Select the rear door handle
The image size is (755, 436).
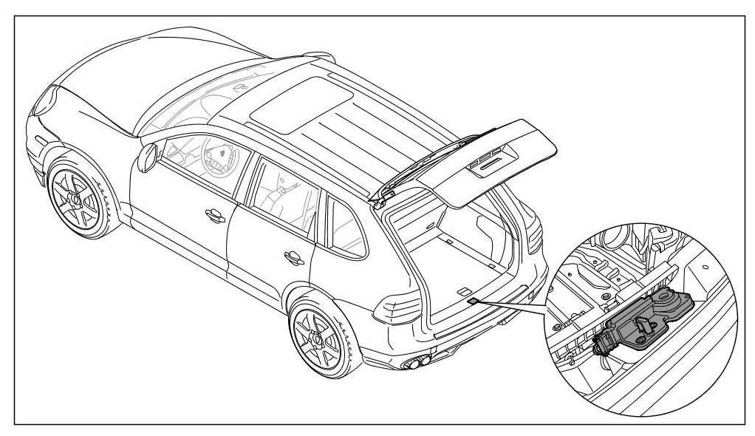293,256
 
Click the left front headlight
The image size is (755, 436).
46,96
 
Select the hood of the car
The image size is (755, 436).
96,89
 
